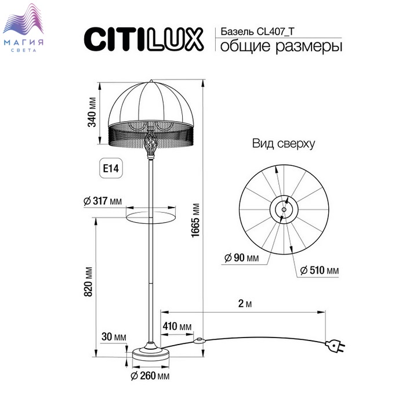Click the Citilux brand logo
(144, 39)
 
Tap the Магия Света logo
(23, 28)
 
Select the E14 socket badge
(111, 168)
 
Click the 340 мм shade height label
(92, 112)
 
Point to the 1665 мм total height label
(195, 220)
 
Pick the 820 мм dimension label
(88, 282)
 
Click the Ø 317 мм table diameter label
(103, 201)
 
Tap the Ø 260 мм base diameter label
(150, 376)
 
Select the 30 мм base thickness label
(114, 337)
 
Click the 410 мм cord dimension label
(177, 326)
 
